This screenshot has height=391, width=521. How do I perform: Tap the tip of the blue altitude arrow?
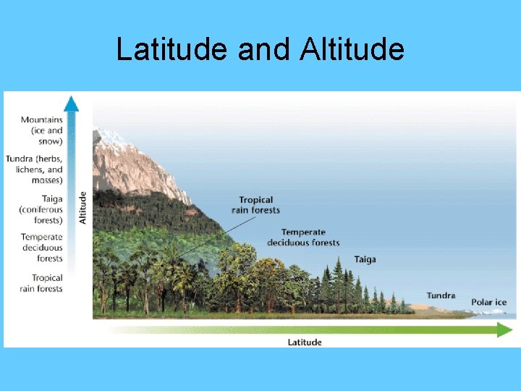point(71,100)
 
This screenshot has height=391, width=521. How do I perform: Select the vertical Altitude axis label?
point(82,206)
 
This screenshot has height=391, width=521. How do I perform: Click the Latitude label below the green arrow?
point(304,342)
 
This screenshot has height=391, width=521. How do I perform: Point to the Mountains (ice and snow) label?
point(42,130)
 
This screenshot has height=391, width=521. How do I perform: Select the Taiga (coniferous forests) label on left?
point(41,209)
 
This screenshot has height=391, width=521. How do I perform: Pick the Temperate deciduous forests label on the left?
point(42,248)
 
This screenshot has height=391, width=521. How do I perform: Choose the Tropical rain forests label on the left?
point(42,283)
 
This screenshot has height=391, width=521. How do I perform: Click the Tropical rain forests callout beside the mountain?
point(255,205)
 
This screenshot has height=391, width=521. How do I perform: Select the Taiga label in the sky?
point(365,259)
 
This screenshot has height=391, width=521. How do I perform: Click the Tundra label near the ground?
point(441,295)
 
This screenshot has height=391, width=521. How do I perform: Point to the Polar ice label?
point(488,302)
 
